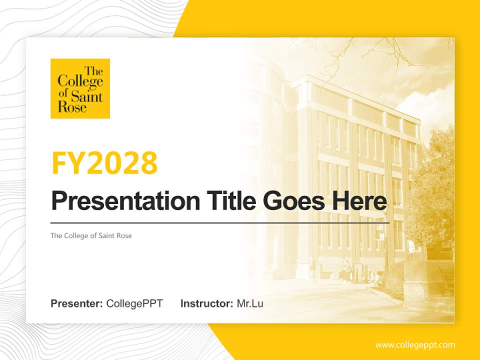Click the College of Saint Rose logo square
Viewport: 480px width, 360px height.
click(x=80, y=88)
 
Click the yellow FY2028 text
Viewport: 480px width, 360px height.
click(x=104, y=162)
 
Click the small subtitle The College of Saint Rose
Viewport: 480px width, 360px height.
click(x=91, y=235)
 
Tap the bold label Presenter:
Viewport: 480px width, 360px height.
click(x=77, y=303)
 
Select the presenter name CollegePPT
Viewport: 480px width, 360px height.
click(x=134, y=303)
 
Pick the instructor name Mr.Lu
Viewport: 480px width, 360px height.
click(x=250, y=303)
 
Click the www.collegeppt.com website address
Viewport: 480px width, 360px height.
click(x=415, y=345)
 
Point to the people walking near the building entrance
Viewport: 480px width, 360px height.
click(x=345, y=270)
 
